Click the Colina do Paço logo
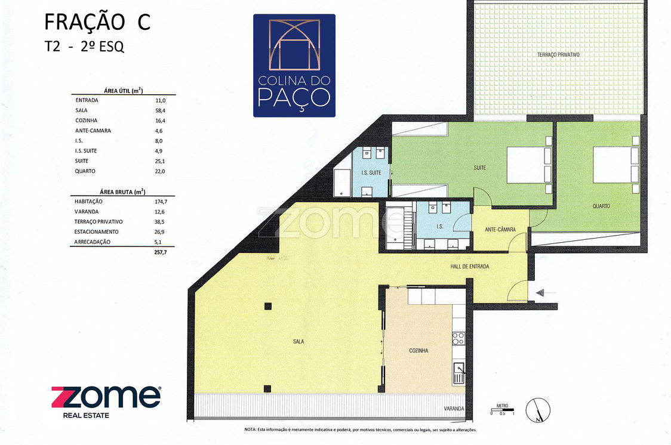294,66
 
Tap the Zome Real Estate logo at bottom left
106,402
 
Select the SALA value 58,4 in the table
161,110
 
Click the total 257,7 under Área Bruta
160,252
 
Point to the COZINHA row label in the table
87,120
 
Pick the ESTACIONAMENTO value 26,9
159,231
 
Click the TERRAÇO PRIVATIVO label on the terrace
558,55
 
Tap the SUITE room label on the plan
480,168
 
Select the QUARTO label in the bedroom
601,206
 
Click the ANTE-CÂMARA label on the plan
500,230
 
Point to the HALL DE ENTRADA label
469,266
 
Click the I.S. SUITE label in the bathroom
371,173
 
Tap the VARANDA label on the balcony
454,409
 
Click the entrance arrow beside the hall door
546,292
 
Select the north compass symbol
538,410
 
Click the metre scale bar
503,410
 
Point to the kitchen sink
458,373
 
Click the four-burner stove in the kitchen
458,338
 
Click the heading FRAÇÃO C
97,22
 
